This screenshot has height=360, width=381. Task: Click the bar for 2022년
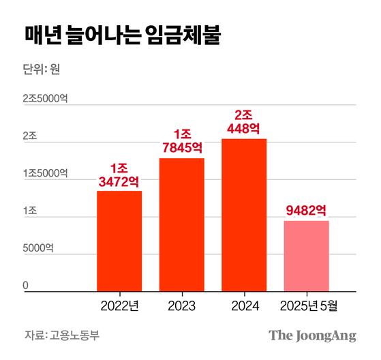pos(119,241)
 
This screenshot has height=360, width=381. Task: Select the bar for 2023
pos(182,225)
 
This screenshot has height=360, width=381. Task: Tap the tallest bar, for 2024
pos(244,215)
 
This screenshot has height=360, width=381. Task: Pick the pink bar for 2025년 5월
pos(306,256)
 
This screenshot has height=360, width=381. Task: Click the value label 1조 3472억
pos(119,175)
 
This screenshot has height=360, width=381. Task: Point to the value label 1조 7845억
pos(182,141)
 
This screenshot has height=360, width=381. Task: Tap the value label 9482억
pos(306,209)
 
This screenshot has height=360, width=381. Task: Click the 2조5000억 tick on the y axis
pos(44,99)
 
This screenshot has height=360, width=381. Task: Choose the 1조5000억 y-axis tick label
pos(44,174)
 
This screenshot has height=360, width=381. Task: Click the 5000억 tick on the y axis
pos(38,249)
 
